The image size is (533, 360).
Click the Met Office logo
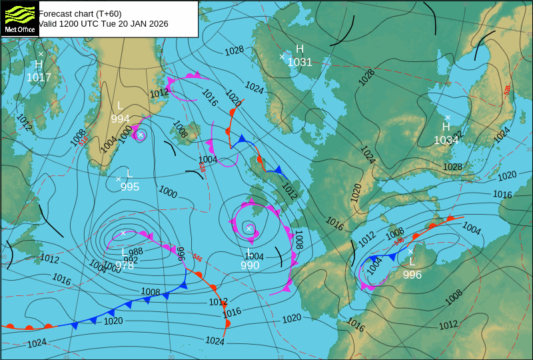[x=19, y=18]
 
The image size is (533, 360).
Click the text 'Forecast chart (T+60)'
[x=80, y=13]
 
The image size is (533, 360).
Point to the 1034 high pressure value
[x=446, y=140]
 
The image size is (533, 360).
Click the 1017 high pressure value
[x=39, y=77]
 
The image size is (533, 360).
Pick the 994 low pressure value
[x=120, y=119]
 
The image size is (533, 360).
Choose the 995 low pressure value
[x=130, y=187]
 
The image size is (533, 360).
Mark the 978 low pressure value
[x=125, y=266]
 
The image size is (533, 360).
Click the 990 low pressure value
[x=250, y=265]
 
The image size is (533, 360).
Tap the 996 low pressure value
[x=412, y=275]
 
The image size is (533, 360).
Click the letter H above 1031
[x=300, y=49]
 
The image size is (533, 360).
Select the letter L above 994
[x=120, y=105]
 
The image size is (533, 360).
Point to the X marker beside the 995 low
[x=119, y=179]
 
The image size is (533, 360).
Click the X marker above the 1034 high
[x=448, y=117]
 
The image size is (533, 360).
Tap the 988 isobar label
[x=136, y=251]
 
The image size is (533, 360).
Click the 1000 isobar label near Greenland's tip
[x=126, y=133]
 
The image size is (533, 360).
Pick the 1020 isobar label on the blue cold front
[x=113, y=321]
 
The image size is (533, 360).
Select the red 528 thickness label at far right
[x=507, y=89]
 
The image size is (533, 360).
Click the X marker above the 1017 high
[x=41, y=54]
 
